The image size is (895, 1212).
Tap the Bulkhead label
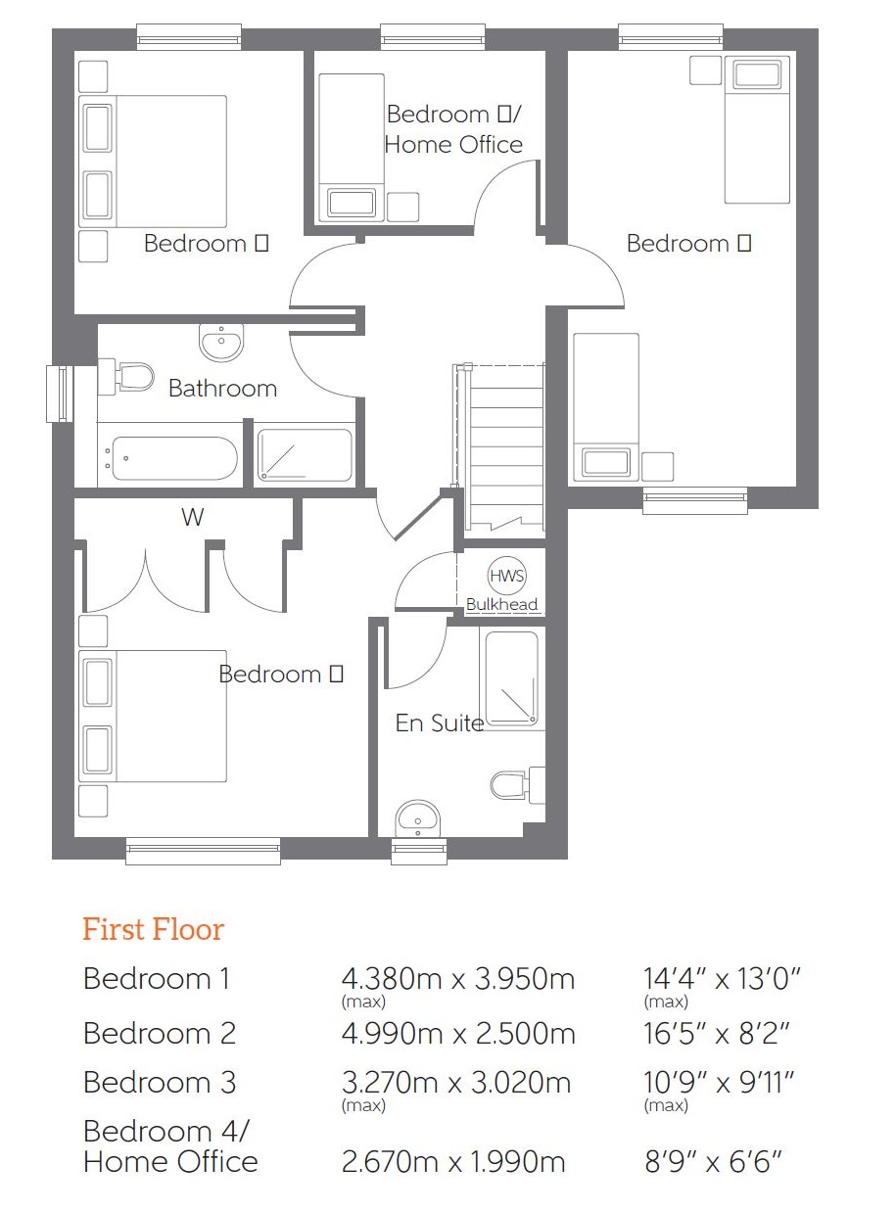coord(501,605)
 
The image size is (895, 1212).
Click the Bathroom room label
coord(222,389)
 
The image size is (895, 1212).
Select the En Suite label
coord(439,723)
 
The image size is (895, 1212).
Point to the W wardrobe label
coord(192,517)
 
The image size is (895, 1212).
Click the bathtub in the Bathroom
coord(172,458)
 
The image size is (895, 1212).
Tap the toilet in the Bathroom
coord(130,376)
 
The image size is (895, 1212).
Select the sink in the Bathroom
coord(221,342)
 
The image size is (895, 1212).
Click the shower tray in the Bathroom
coord(304,456)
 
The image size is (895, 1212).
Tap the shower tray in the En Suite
coord(509,680)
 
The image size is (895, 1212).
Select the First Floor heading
coord(153,929)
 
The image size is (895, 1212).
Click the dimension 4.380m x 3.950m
coord(457,978)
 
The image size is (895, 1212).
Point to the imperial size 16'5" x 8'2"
coord(716,1033)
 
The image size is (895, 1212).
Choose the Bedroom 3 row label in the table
coord(160,1082)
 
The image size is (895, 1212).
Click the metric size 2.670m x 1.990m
coord(453,1162)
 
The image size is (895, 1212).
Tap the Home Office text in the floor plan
coord(453,145)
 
